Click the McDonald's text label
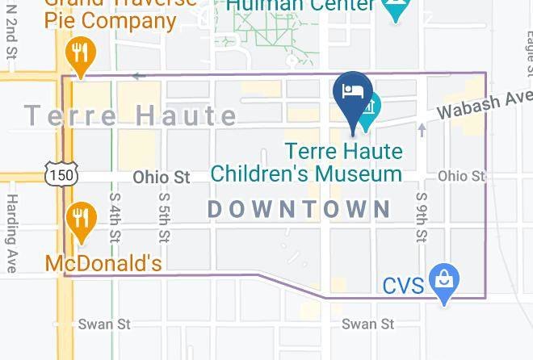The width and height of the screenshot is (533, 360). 103,263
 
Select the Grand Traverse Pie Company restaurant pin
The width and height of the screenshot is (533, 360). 79,55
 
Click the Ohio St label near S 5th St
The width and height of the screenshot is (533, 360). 161,176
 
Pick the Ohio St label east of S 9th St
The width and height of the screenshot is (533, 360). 461,175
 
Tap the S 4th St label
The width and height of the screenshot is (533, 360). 115,216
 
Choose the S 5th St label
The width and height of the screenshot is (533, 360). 164,216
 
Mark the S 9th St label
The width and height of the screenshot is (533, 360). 421,216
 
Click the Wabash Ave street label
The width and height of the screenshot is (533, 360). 481,106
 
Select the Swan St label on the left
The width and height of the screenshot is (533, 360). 104,324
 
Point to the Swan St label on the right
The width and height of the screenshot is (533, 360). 368,324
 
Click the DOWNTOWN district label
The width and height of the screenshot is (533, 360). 299,209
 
